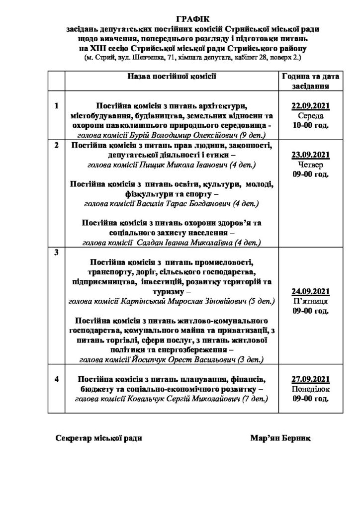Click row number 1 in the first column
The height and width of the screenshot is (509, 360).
pyautogui.click(x=56, y=106)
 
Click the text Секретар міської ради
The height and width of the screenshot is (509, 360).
pyautogui.click(x=99, y=438)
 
